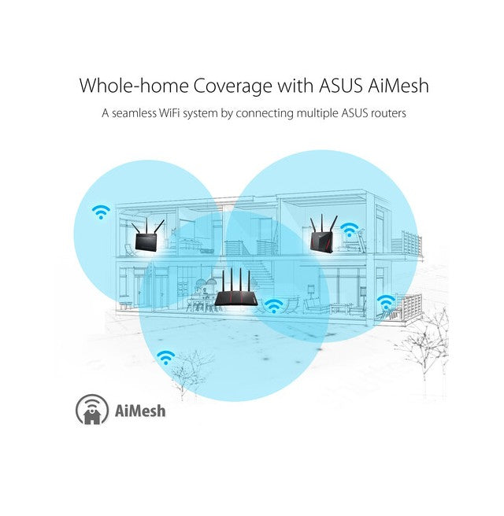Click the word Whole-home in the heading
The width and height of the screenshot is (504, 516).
134,86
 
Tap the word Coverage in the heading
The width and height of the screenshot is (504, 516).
232,87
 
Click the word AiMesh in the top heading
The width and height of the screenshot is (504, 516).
398,86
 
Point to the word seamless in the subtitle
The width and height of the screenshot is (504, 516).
134,113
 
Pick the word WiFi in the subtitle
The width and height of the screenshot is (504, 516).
169,113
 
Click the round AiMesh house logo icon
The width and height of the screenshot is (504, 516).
92,410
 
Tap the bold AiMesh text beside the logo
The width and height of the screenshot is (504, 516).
140,411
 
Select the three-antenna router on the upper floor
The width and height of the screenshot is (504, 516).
323,234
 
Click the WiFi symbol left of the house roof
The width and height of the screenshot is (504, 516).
101,212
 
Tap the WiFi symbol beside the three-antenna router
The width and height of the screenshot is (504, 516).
349,230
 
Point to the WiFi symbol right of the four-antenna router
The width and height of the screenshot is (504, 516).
273,306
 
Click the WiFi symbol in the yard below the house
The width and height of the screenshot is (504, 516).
165,357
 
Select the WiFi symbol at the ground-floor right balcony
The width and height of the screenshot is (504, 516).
386,302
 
